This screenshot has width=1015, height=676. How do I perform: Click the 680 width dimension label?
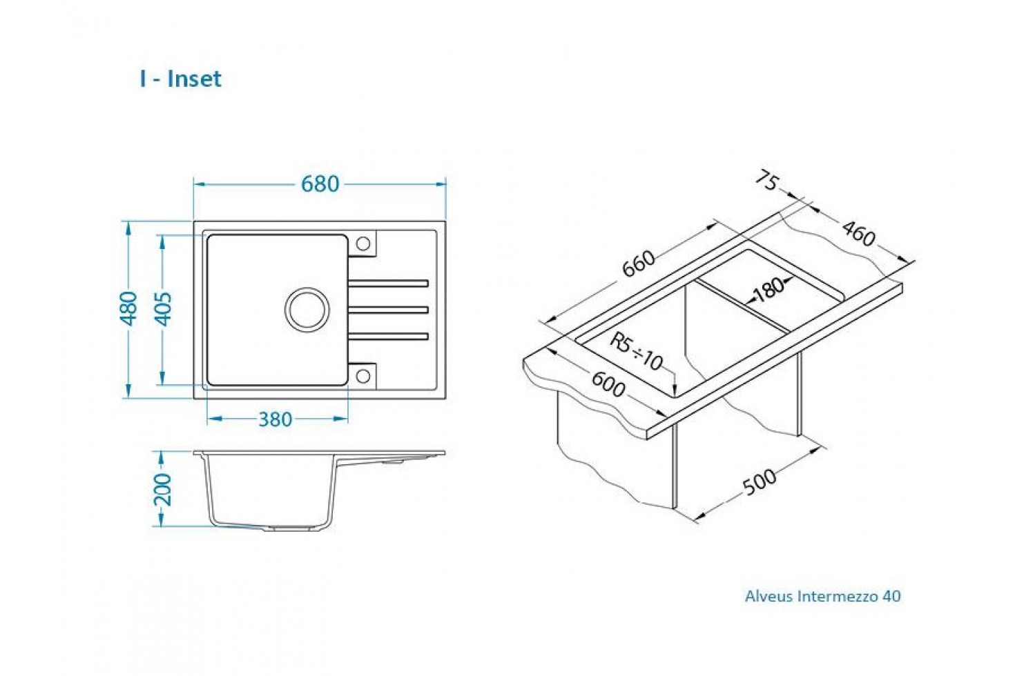pyautogui.click(x=320, y=184)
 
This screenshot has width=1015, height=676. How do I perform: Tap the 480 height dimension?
pyautogui.click(x=128, y=308)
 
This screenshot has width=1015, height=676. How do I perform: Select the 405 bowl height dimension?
pyautogui.click(x=164, y=309)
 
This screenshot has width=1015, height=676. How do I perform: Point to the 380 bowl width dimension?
pyautogui.click(x=275, y=419)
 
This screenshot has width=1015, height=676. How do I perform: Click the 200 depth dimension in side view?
pyautogui.click(x=163, y=490)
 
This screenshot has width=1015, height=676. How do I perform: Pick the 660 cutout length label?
pyautogui.click(x=639, y=264)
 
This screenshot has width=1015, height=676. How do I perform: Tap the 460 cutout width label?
pyautogui.click(x=859, y=233)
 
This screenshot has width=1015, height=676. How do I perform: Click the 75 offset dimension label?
pyautogui.click(x=767, y=180)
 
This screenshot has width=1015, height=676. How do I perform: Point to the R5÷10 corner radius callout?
pyautogui.click(x=637, y=351)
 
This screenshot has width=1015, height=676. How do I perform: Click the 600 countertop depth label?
pyautogui.click(x=608, y=384)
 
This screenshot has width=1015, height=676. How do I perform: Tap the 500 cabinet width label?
pyautogui.click(x=760, y=481)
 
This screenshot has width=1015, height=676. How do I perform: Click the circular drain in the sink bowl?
pyautogui.click(x=307, y=310)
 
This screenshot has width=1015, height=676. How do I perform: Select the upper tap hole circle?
pyautogui.click(x=363, y=243)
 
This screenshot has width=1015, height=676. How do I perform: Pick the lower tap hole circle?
pyautogui.click(x=363, y=376)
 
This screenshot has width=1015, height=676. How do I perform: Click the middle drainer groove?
pyautogui.click(x=388, y=310)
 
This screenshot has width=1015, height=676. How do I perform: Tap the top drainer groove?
pyautogui.click(x=388, y=284)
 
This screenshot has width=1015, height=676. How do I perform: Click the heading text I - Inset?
pyautogui.click(x=181, y=79)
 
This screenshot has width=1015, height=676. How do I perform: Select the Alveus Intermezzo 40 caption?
pyautogui.click(x=823, y=596)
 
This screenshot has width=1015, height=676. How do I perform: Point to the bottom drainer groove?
pyautogui.click(x=388, y=336)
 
